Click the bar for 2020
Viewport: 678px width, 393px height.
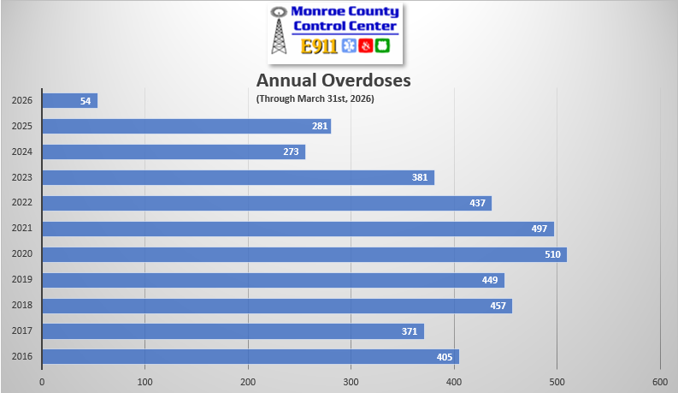coord(304,254)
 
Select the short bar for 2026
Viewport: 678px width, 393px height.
coord(69,100)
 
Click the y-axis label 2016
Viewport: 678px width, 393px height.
coord(22,357)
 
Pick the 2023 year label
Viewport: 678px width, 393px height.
coord(22,178)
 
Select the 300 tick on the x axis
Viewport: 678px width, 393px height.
coord(351,381)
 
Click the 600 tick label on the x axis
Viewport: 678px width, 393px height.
coord(660,381)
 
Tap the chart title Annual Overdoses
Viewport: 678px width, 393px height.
coord(334,80)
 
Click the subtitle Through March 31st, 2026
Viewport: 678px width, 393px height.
coord(315,98)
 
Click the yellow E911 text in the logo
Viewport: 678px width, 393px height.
coord(319,46)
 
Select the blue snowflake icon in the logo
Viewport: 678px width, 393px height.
coord(348,46)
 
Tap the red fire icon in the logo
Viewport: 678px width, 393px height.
coord(365,46)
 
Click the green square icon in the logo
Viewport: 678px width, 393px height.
coord(382,46)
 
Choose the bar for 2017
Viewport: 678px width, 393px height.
coord(233,331)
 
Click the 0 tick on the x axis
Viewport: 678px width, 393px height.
coord(42,381)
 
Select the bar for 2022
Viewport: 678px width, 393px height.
coord(267,203)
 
